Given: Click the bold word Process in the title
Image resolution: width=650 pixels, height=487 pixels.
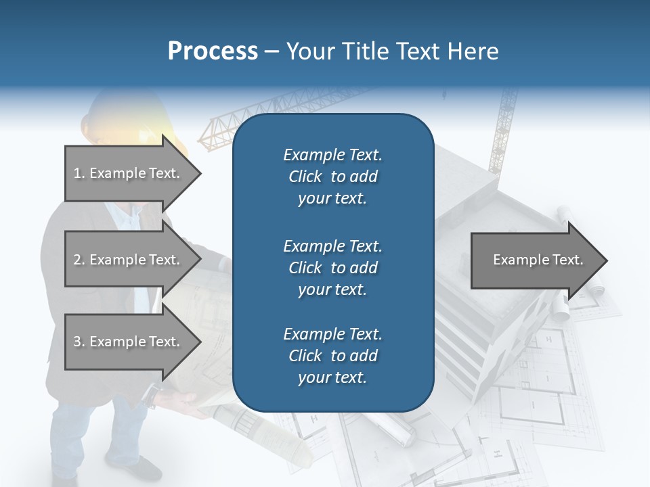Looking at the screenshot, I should click(213, 51).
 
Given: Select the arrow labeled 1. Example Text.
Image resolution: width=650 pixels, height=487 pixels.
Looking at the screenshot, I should click(127, 173).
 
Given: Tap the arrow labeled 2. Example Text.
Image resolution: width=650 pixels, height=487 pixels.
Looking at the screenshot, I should click(127, 260).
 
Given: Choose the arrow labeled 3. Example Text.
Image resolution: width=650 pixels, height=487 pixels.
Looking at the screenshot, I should click(127, 342).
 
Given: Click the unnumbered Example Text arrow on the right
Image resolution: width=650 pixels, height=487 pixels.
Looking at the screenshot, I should click(538, 260).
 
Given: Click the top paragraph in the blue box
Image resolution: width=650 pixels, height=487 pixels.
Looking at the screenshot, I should click(332, 177).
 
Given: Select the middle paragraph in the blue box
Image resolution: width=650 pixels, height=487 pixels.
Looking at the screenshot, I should click(332, 268).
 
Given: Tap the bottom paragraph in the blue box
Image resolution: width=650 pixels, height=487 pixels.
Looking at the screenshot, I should click(332, 356).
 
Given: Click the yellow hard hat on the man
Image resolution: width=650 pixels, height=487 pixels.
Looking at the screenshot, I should click(129, 115).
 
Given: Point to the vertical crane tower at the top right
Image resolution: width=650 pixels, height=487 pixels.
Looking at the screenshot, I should click(504, 129).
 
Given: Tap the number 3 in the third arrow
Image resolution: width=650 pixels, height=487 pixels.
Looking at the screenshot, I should click(77, 342).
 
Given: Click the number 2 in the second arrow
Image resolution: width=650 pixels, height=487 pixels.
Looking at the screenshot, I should click(77, 260).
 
